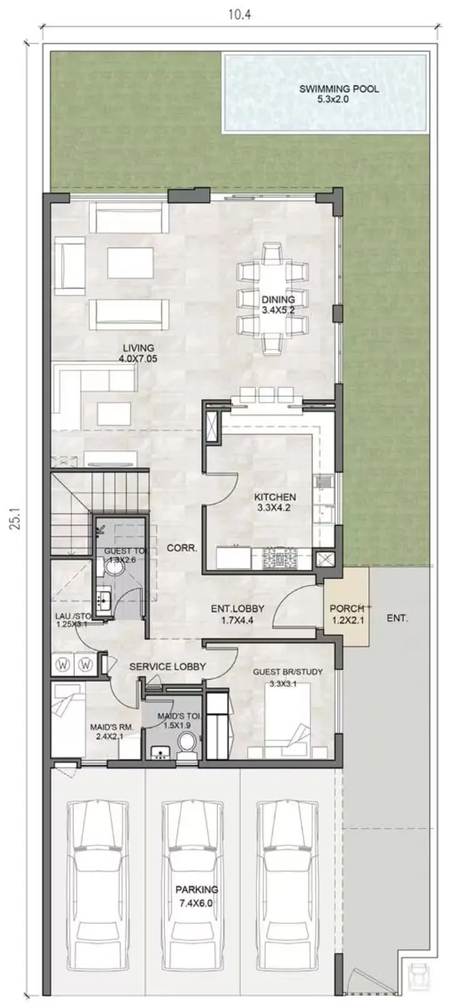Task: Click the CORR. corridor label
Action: click(182, 548)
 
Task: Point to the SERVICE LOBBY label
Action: click(167, 666)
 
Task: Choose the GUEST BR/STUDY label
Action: click(288, 672)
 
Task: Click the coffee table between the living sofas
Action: click(130, 263)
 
